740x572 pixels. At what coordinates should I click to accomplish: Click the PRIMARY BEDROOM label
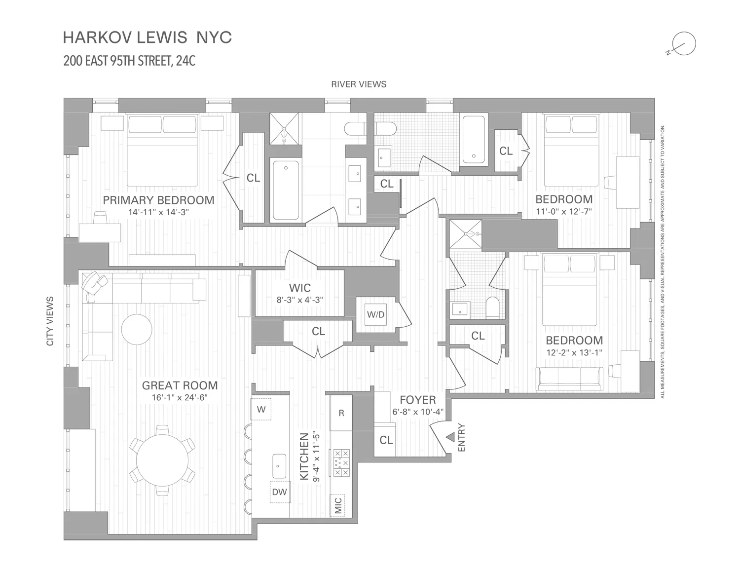158,200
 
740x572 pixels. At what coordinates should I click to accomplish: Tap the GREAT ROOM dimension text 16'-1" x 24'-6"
180,398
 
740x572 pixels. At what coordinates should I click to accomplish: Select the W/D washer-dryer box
375,314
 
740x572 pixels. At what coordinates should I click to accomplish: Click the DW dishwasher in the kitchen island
279,492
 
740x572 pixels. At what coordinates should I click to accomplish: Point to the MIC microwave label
338,506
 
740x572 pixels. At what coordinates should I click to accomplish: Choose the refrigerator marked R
341,413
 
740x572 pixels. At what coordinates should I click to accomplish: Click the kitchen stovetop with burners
341,462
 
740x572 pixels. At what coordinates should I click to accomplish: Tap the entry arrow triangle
450,437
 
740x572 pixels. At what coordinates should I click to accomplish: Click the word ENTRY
462,438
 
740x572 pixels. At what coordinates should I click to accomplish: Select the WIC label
299,288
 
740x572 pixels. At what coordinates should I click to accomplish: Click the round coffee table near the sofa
137,329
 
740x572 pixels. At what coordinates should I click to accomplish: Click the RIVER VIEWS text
359,84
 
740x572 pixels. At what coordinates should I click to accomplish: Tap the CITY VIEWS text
50,321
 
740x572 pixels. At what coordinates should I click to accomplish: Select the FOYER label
417,400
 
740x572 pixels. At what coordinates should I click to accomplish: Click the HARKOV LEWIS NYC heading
148,38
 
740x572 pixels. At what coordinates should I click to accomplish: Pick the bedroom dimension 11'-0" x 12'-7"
564,211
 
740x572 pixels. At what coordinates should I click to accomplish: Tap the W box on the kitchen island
261,409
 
